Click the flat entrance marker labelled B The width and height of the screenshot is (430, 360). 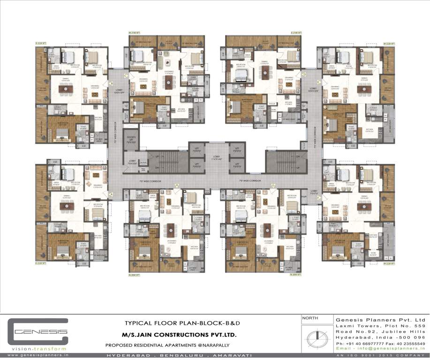click(111, 83)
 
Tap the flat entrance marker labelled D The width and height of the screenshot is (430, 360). click(305, 75)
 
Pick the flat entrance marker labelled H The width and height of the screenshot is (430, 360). click(177, 186)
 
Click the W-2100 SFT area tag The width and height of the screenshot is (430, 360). click(135, 33)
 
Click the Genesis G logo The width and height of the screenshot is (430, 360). click(38, 333)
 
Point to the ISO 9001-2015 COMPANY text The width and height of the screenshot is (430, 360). click(380, 356)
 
